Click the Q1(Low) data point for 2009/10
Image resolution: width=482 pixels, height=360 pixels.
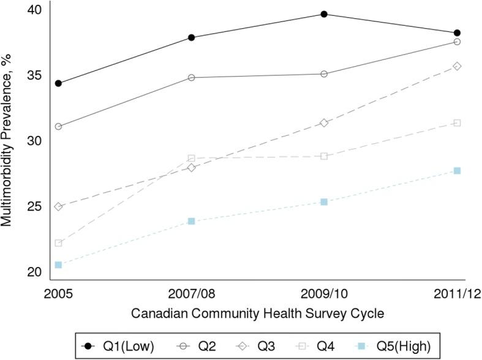(324, 14)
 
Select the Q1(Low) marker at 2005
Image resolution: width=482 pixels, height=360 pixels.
(58, 83)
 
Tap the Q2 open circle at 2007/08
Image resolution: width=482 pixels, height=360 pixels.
(191, 78)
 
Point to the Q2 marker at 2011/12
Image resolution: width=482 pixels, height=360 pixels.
(457, 42)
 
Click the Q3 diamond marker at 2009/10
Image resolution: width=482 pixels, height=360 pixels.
(324, 123)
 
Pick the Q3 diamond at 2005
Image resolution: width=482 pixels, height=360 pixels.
(58, 207)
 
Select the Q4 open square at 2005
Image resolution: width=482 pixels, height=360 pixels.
(58, 243)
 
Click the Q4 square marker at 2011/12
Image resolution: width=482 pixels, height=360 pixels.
(457, 123)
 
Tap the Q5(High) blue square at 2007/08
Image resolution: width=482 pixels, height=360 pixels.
(191, 221)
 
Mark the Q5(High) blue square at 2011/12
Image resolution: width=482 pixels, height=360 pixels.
(457, 171)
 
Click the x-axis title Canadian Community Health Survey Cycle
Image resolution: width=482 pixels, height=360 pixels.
(257, 313)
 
